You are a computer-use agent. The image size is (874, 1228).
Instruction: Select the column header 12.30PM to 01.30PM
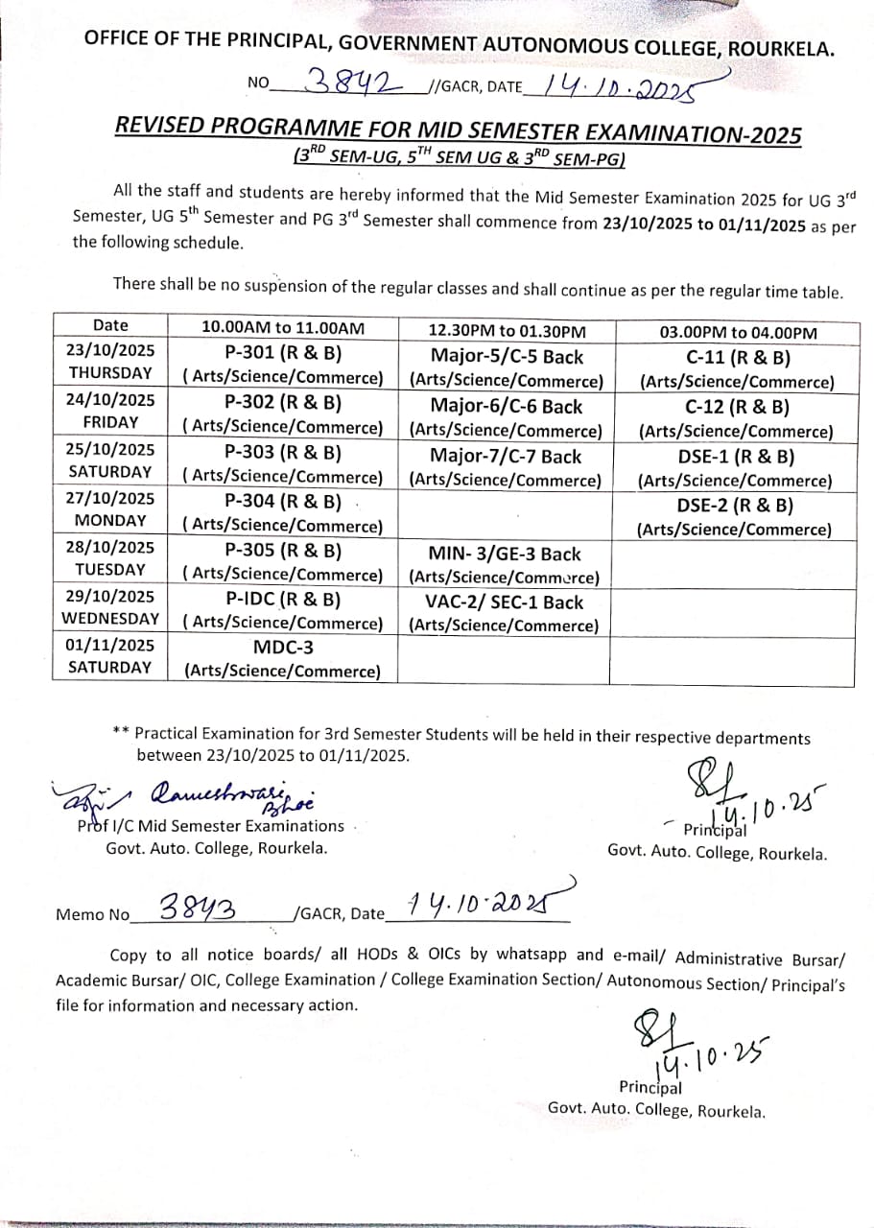(506, 331)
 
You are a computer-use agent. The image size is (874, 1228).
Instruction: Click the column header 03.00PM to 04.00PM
(738, 333)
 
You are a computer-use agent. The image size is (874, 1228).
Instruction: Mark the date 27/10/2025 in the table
(110, 497)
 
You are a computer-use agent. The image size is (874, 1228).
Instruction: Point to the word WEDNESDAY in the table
(110, 618)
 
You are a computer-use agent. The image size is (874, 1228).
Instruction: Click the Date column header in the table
(110, 325)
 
